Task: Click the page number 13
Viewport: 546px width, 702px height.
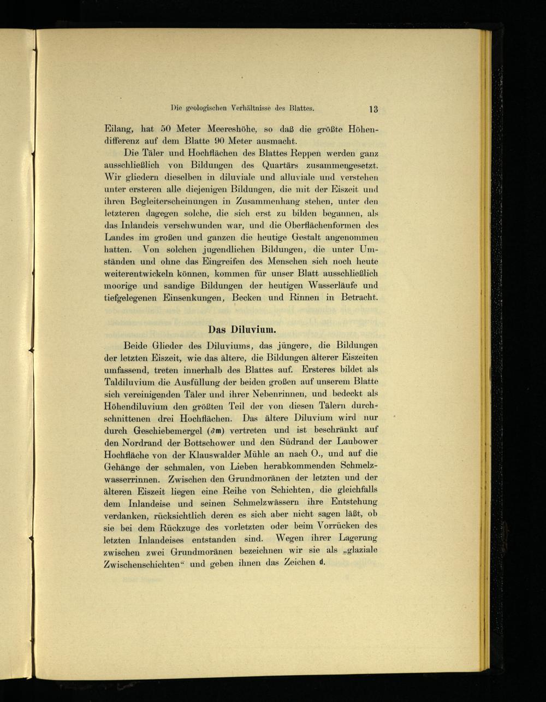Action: coord(373,109)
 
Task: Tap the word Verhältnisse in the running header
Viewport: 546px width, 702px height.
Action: coord(246,108)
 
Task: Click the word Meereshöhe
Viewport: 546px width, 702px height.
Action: coord(222,129)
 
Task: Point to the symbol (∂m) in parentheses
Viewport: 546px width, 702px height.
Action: coord(213,430)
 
